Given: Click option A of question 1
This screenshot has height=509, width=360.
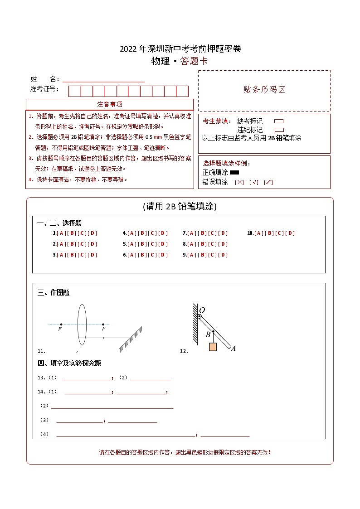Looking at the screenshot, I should pos(60,233).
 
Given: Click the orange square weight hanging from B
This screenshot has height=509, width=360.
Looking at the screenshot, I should pos(213,347).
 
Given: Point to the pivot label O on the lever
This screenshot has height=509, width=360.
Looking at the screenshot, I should pos(202,310).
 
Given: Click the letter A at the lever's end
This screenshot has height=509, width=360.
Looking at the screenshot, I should pos(233,349).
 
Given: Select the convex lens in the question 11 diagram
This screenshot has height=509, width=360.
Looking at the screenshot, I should pos(82,325).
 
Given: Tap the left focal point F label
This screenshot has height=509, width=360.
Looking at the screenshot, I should pos(60,330).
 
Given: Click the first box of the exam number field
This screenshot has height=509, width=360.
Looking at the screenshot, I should pos(74,91).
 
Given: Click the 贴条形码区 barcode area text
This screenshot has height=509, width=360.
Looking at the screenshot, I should pos(264,90).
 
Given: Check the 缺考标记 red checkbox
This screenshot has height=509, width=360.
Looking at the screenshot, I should pos(279,121).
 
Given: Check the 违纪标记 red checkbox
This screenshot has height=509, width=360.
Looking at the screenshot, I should pos(279,130).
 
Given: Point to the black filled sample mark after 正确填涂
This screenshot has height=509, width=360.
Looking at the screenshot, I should pos(234,173).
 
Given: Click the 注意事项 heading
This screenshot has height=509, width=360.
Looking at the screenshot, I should pos(109,104).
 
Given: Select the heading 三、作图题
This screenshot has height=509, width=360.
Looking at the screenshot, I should pos(54,293).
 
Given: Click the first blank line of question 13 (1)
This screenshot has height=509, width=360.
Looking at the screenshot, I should pos(86,379).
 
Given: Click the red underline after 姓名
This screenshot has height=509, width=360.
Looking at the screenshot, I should pos(103,81).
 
